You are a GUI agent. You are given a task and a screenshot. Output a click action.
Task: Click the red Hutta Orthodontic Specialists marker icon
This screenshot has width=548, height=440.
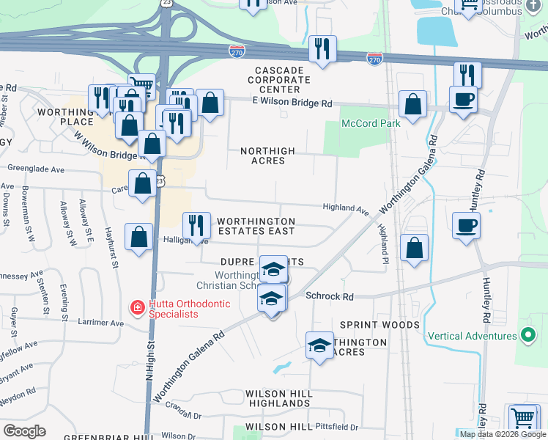click(x=136, y=307)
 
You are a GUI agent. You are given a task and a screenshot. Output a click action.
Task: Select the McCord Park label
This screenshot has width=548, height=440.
click(x=371, y=124)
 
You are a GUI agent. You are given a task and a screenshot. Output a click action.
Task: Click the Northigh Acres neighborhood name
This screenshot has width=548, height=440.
click(x=268, y=156)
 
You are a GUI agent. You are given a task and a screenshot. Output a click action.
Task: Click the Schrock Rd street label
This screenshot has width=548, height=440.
click(x=330, y=297)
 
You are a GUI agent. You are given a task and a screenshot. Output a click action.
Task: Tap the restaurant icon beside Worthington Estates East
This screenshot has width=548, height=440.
click(x=196, y=224)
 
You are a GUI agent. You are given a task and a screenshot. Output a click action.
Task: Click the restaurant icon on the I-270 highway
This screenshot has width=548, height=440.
click(x=322, y=48)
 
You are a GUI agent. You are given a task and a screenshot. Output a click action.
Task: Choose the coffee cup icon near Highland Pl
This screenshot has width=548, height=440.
click(x=465, y=225)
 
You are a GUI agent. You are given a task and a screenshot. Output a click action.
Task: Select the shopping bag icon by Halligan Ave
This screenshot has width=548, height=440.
click(x=138, y=237)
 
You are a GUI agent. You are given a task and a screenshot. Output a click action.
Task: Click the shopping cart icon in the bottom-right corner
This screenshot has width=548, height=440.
click(x=522, y=418)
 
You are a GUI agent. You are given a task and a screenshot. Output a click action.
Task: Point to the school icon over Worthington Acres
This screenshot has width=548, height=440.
click(x=319, y=345)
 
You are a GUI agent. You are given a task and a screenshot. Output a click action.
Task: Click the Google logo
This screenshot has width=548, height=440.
click(x=24, y=431)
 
